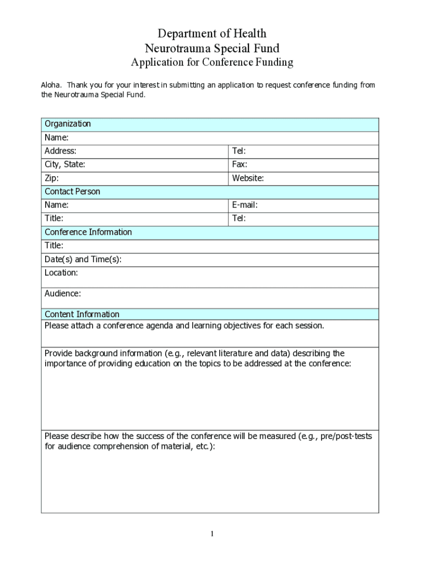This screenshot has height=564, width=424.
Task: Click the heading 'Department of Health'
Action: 212,34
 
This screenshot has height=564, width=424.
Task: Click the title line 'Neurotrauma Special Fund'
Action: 212,48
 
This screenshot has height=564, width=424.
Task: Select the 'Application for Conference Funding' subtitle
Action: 212,62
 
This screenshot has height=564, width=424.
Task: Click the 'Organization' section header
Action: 68,124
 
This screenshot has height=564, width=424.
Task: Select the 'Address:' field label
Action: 61,151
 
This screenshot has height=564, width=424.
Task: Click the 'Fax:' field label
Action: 240,164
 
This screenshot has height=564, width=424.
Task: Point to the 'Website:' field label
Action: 248,178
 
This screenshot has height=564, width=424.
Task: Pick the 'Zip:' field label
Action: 52,178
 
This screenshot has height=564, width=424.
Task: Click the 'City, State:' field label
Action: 65,164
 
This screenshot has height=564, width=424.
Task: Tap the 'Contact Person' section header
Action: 72,192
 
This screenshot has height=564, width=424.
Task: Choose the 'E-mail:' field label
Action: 244,205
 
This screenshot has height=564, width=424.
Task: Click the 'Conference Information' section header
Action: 88,232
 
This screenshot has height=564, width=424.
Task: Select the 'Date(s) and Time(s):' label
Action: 83,259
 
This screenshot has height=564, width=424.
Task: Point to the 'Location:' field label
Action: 61,273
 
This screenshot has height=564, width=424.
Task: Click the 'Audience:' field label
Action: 63,294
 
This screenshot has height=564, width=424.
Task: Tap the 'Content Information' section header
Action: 82,314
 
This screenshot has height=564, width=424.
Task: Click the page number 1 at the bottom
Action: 212,534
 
